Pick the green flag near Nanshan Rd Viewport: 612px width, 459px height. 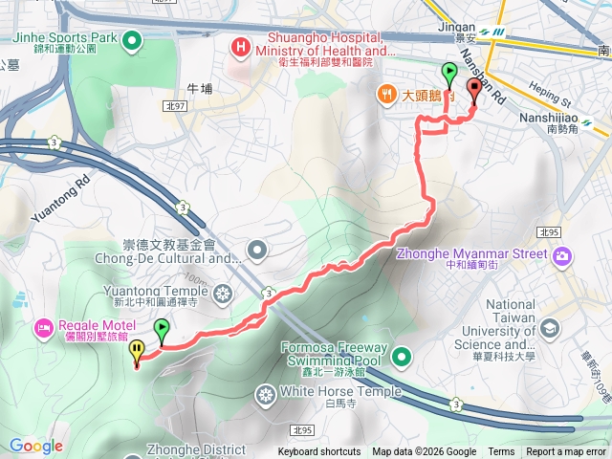[449, 72]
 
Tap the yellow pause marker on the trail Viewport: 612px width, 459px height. [138, 351]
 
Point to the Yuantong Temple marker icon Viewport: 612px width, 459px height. [223, 292]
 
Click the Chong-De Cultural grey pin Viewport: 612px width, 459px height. [256, 251]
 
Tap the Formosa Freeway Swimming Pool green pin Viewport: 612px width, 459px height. [402, 358]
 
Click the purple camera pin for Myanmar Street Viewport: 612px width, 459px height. [561, 254]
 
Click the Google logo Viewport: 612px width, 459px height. [35, 446]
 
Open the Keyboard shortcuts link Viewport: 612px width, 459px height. [319, 452]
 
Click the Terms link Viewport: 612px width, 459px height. [501, 452]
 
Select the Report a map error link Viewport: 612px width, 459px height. [566, 452]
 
